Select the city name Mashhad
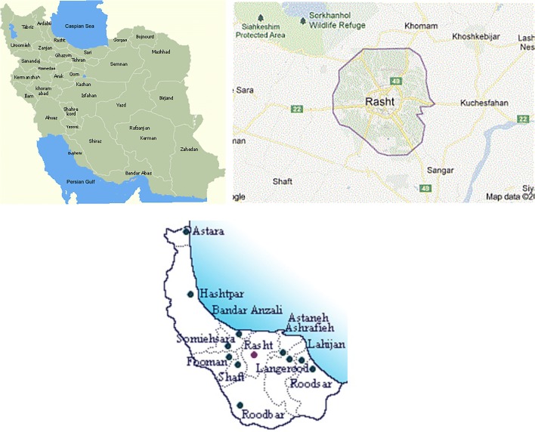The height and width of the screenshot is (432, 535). pyautogui.click(x=162, y=52)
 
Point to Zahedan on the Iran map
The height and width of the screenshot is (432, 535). pyautogui.click(x=189, y=149)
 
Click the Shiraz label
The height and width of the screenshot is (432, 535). pyautogui.click(x=95, y=140)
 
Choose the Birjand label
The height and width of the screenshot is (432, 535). pyautogui.click(x=166, y=98)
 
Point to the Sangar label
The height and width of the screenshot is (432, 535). pyautogui.click(x=441, y=171)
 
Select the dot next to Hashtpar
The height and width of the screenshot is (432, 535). pyautogui.click(x=190, y=295)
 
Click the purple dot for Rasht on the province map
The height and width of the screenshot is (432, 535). pyautogui.click(x=254, y=353)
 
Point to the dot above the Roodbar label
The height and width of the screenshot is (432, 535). pyautogui.click(x=240, y=405)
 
